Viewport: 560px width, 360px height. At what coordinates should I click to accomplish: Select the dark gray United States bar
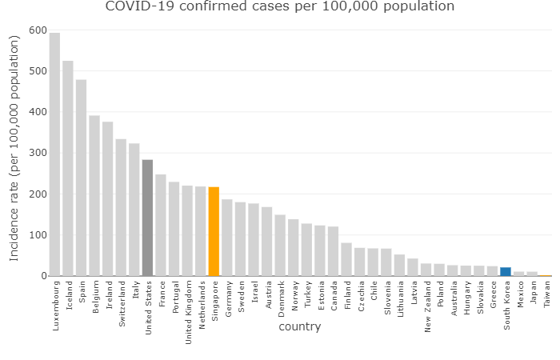pos(147,218)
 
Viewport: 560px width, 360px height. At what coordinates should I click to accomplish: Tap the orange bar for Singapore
pos(214,231)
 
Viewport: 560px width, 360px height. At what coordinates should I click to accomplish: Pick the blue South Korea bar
pos(506,271)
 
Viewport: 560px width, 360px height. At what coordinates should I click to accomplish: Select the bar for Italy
pos(134,210)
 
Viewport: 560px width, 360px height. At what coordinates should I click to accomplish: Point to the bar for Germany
pos(227,238)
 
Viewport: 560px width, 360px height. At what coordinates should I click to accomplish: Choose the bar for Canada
pos(333,251)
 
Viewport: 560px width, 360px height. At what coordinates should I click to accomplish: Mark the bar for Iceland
pos(68,168)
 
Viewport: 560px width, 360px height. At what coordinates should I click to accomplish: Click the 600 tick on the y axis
pos(37,30)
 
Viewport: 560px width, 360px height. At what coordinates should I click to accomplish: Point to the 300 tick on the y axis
pos(37,153)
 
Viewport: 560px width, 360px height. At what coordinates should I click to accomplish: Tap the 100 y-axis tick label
pos(37,235)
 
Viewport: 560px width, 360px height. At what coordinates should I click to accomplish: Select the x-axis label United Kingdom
pos(188,311)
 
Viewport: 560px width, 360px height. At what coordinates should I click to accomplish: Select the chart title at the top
pos(280,7)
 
